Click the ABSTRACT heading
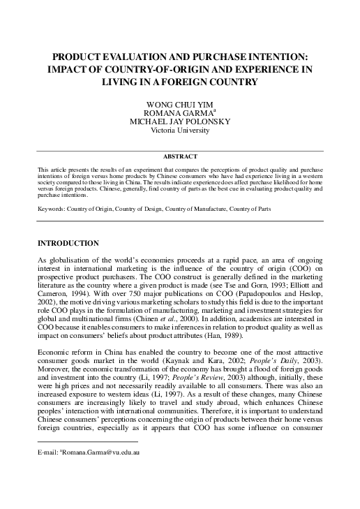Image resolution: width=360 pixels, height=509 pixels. tap(180, 156)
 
